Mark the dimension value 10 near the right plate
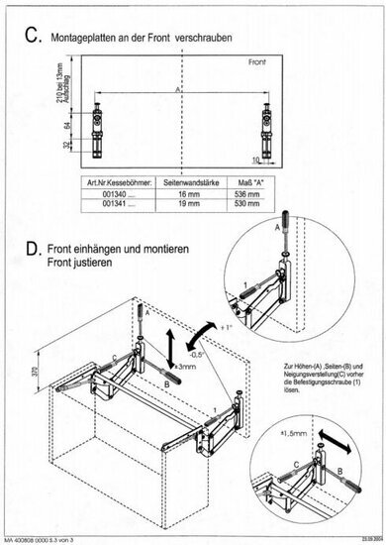click(254, 158)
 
